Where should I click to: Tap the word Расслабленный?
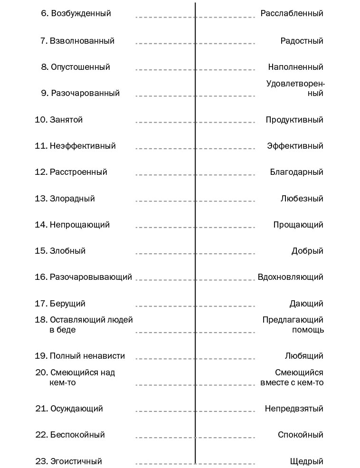tap(292, 13)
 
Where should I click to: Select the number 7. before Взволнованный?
tap(44, 41)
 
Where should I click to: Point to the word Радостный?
tap(302, 41)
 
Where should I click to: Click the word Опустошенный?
tap(80, 67)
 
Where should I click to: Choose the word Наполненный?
tap(295, 67)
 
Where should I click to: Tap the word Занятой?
tap(66, 120)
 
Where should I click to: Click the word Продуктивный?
tap(294, 120)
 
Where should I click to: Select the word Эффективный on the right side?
tap(295, 146)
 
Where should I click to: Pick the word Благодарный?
tap(296, 172)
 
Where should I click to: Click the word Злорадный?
tap(72, 199)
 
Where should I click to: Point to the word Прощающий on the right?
tap(298, 225)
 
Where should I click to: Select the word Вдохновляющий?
tap(290, 277)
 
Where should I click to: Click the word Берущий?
tap(67, 304)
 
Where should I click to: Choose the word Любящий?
tap(304, 356)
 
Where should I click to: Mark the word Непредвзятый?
tap(294, 409)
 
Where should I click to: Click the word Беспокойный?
tap(77, 435)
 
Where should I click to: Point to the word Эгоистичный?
tap(76, 461)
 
